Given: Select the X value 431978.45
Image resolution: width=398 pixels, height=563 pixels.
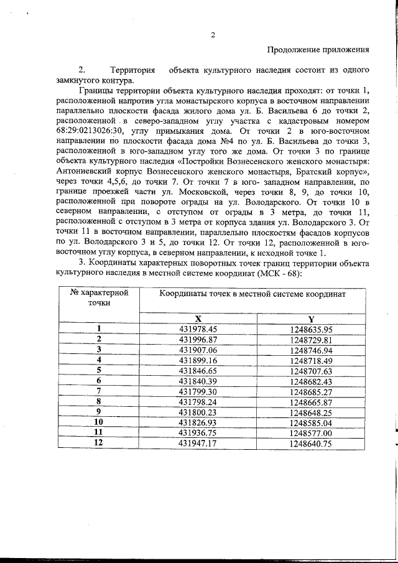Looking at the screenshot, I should pyautogui.click(x=197, y=328).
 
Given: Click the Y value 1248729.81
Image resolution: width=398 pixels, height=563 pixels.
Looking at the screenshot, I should pyautogui.click(x=311, y=339).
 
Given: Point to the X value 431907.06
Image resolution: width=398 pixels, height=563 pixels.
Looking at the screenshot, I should pyautogui.click(x=197, y=350).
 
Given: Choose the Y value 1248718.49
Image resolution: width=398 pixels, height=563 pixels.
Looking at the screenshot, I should pyautogui.click(x=311, y=360).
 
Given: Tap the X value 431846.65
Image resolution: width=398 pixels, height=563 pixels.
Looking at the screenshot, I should pyautogui.click(x=197, y=370).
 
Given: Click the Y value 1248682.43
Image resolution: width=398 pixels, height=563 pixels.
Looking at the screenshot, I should pyautogui.click(x=311, y=381).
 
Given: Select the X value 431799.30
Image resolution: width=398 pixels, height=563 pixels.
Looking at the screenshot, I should pyautogui.click(x=197, y=391).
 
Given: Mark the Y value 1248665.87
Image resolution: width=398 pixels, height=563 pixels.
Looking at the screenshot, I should pyautogui.click(x=311, y=402).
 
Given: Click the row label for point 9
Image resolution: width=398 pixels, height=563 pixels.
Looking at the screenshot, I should pyautogui.click(x=99, y=412).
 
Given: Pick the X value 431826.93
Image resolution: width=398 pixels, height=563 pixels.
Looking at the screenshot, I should pyautogui.click(x=197, y=422).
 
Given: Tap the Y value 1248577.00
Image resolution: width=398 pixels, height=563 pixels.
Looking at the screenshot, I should pyautogui.click(x=311, y=433).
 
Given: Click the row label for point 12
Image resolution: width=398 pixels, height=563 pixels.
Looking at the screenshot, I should pyautogui.click(x=99, y=443).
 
